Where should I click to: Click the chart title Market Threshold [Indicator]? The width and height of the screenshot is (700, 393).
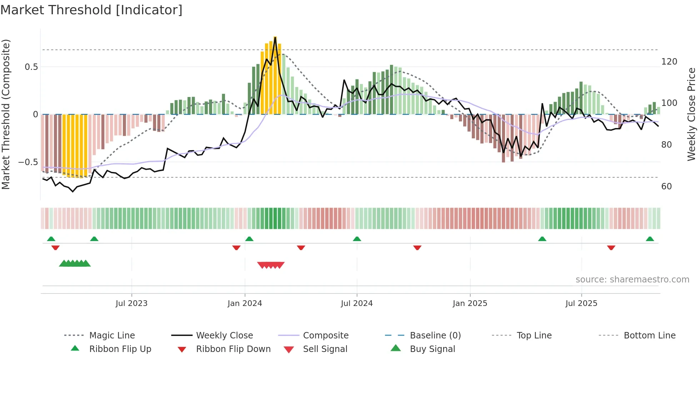pos(91,10)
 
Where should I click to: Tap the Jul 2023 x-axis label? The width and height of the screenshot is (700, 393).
pos(131,303)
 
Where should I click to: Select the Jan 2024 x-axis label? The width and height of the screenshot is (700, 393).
pos(245,303)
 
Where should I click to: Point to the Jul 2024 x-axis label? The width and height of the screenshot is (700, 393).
pos(357,303)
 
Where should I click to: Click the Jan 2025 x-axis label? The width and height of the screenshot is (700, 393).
pos(470,303)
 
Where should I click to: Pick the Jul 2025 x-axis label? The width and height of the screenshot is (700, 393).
pos(581,303)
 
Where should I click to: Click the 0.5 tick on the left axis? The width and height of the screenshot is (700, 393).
pos(31,67)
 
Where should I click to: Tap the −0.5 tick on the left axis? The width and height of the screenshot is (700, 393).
pos(28,162)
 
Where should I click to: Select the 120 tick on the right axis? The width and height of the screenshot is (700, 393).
pos(669,62)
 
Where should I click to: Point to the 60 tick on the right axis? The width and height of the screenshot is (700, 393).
pos(666,187)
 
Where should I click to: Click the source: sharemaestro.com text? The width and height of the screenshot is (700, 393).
pos(632,280)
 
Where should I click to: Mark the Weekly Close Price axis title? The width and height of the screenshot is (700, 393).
pos(692,114)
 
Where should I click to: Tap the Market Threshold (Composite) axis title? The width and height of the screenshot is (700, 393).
pos(6,114)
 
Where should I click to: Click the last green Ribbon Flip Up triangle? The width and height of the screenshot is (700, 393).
pos(650,239)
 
